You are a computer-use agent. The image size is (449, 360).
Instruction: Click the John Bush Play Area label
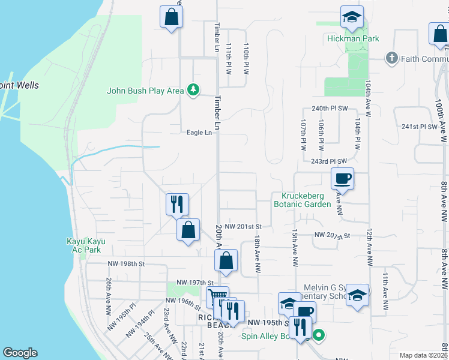145,91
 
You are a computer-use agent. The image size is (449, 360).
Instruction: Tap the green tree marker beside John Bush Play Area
193,91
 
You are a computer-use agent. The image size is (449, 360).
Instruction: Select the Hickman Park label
353,38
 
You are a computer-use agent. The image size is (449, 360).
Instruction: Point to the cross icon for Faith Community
391,59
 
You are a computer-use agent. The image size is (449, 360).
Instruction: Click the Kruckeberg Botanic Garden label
302,200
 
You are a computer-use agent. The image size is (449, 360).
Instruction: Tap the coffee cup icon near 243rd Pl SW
342,178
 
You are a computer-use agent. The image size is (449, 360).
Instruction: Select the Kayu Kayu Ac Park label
86,245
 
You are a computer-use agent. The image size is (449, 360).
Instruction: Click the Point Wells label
20,85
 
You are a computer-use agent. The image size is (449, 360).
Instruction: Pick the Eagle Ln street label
200,133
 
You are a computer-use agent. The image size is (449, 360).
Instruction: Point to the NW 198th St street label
127,263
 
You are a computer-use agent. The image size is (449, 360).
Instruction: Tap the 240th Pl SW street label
330,108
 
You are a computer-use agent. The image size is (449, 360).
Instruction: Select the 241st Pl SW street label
419,127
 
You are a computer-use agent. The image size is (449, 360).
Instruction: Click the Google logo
20,353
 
